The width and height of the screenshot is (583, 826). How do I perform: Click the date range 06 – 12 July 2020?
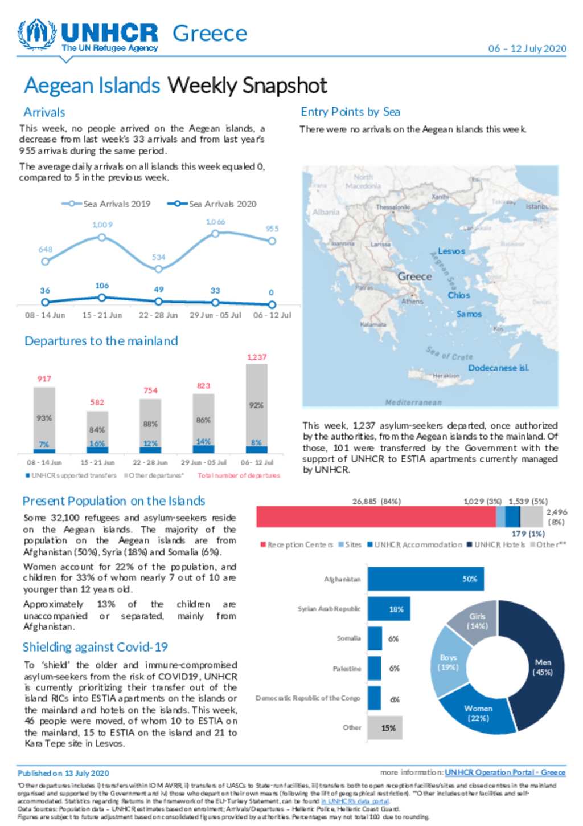click(527, 48)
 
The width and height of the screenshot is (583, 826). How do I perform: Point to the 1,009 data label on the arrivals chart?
click(102, 225)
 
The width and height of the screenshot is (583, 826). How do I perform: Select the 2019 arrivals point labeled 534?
click(159, 268)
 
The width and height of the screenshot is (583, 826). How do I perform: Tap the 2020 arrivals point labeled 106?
click(102, 298)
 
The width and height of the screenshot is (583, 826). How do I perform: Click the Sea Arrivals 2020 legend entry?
click(212, 204)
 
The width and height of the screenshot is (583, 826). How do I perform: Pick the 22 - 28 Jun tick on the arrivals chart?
click(158, 315)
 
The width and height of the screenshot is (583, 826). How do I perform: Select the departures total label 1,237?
click(257, 357)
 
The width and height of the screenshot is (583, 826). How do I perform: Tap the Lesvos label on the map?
click(451, 251)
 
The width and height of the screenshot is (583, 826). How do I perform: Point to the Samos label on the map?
click(469, 314)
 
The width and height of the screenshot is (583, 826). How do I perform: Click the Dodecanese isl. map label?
click(499, 368)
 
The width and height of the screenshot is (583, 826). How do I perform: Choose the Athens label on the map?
click(412, 301)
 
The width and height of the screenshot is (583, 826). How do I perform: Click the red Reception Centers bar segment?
click(376, 517)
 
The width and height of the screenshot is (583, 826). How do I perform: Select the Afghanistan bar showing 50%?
click(425, 579)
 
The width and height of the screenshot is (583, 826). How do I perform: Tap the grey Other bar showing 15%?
click(385, 728)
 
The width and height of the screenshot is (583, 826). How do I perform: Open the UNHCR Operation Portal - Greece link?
click(505, 772)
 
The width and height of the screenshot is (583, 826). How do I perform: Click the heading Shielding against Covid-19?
click(95, 647)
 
